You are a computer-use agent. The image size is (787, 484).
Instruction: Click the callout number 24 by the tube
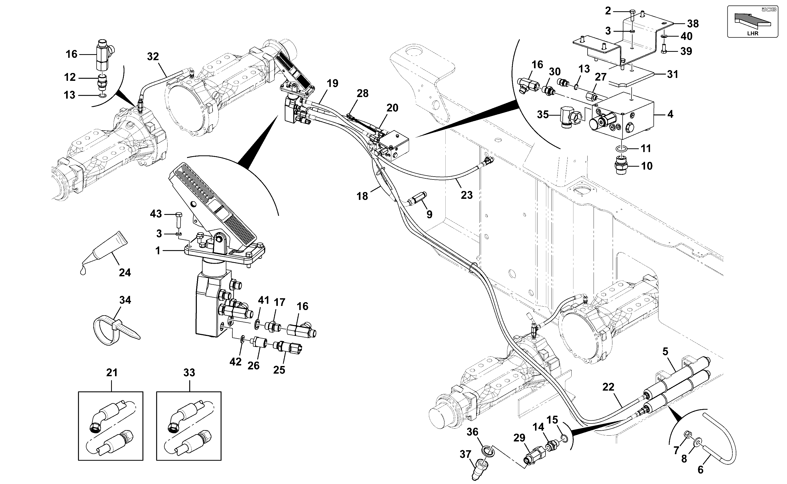tap(125, 272)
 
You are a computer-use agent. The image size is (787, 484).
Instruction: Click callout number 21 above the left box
tap(112, 373)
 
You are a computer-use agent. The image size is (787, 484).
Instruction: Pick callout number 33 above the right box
tap(189, 373)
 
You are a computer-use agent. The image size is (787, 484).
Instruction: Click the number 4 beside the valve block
tap(670, 114)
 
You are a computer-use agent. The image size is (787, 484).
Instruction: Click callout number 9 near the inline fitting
tap(429, 215)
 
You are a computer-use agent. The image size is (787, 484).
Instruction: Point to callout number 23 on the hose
tap(467, 195)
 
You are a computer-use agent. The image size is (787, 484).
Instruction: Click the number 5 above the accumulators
tap(665, 351)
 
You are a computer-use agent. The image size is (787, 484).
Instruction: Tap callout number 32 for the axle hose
tap(153, 57)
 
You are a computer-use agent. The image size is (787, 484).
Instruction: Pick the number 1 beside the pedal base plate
tap(158, 251)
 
